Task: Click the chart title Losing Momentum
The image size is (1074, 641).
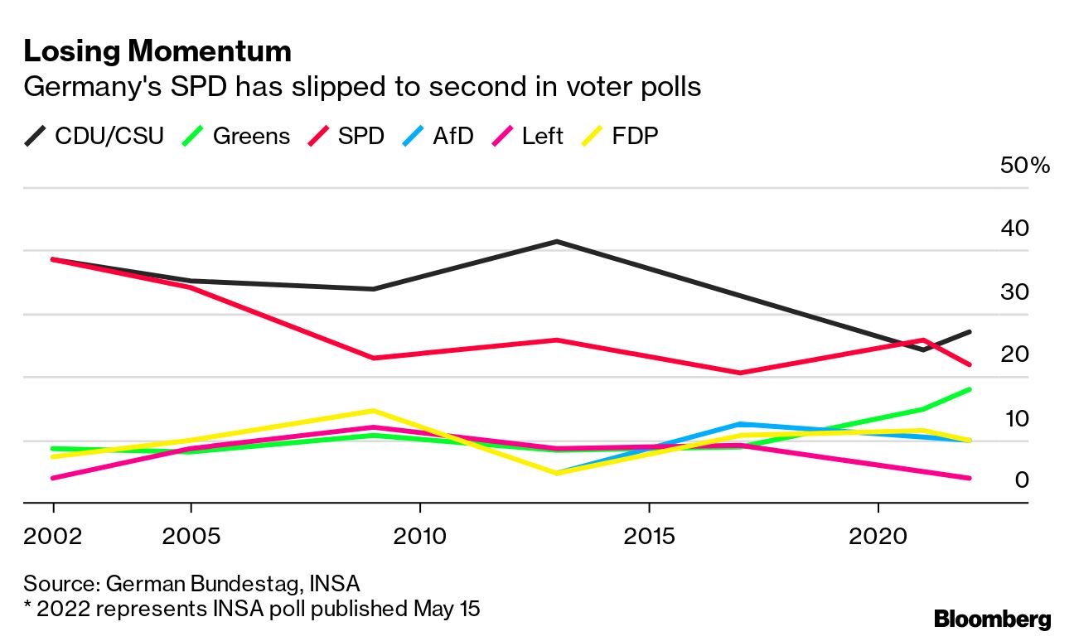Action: point(157,51)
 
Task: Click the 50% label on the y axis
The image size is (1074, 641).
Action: point(1025,166)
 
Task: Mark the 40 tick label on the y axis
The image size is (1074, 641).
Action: point(1015,229)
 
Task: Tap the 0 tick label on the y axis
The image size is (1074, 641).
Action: point(1022,480)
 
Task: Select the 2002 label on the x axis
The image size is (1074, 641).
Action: point(54,537)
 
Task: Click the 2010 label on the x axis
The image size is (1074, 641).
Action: point(420,537)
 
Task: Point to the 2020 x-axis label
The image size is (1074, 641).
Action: point(878,537)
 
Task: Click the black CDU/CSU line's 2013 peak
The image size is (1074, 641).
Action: point(557,242)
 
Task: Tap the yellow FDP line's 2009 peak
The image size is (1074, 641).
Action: point(374,411)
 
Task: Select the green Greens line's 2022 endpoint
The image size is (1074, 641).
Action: point(970,389)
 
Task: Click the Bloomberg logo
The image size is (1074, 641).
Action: point(993,619)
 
